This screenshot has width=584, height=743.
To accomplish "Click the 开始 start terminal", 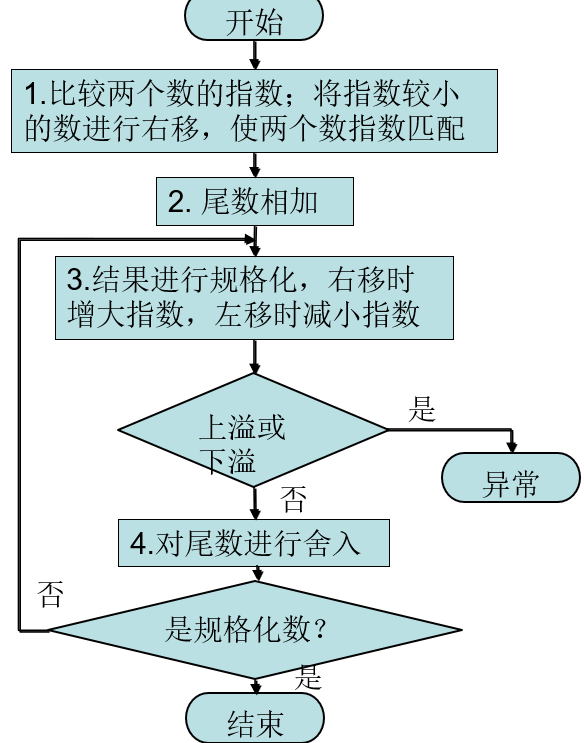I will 254,21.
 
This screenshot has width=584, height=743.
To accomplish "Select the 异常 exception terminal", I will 510,485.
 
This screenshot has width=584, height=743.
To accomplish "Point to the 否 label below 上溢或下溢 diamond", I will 292,500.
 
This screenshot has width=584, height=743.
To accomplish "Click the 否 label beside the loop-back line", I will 49,596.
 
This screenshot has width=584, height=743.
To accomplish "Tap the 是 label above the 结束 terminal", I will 310,680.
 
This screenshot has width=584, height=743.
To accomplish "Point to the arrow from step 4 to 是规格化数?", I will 258,573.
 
